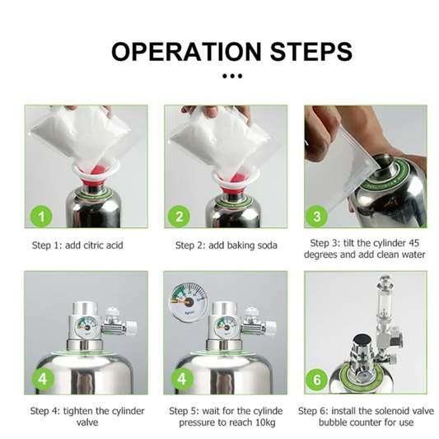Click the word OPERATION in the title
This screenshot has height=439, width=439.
[186, 52]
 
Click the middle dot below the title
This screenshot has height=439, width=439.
[232, 76]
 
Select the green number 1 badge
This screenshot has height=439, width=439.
[41, 217]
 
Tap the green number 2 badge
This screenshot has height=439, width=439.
[179, 217]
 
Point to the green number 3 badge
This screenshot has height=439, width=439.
[317, 217]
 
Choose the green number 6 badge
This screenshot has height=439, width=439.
[317, 380]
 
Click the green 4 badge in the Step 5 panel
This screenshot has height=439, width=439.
[182, 379]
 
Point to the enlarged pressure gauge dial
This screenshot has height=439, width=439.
[189, 302]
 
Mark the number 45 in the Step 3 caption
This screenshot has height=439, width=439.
[413, 243]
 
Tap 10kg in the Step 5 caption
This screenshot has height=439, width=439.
[264, 423]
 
